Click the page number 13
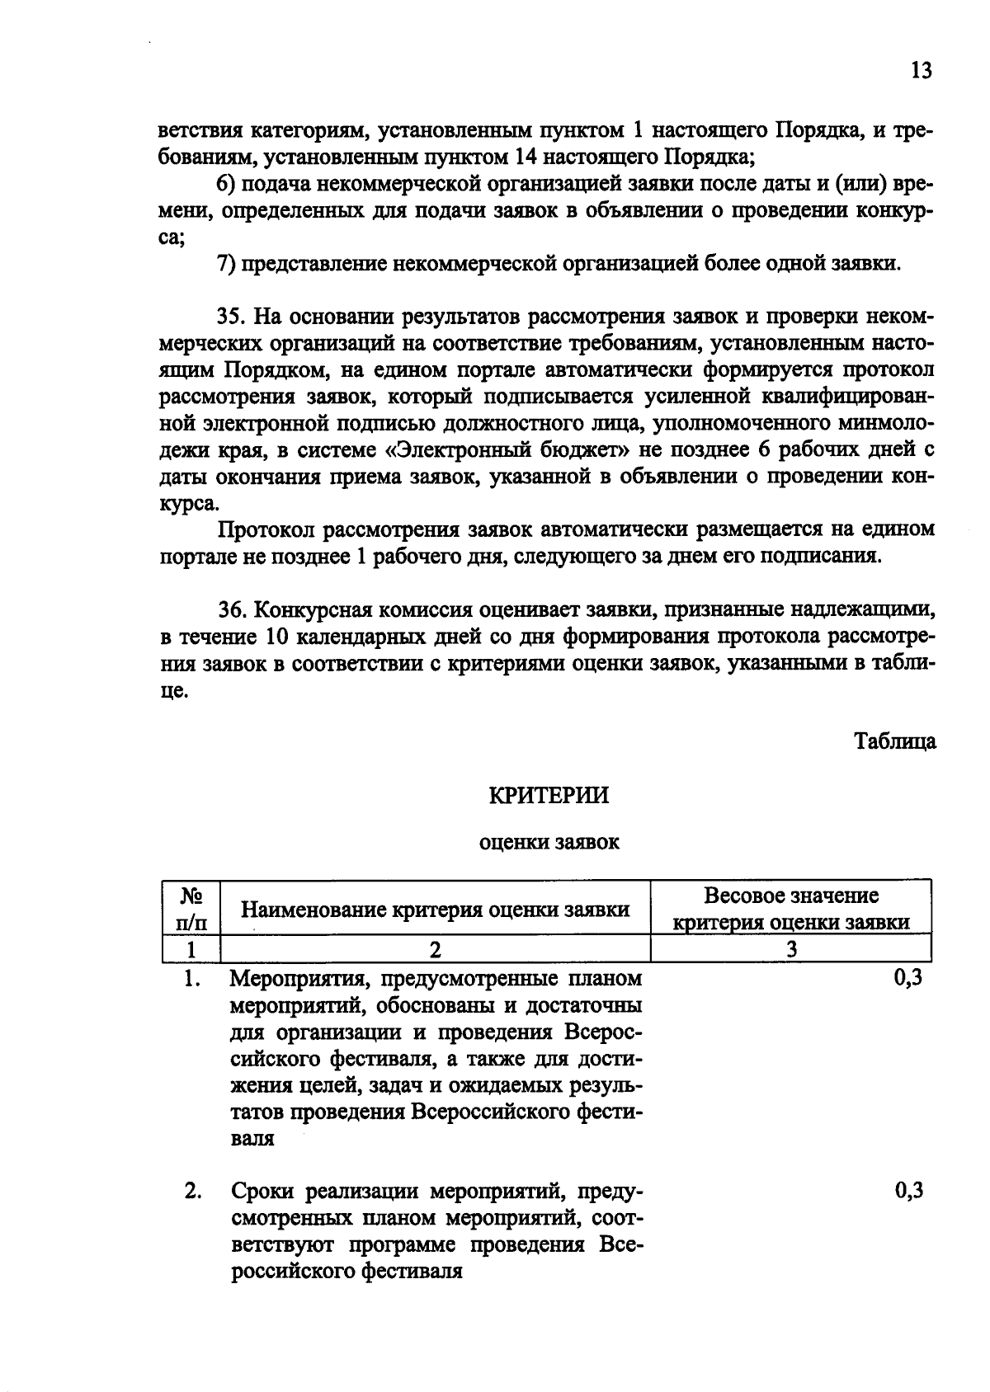tap(921, 71)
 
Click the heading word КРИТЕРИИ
tap(549, 795)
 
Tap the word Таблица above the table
tap(895, 741)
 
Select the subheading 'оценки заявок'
tap(549, 843)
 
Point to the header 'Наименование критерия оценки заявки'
tap(435, 910)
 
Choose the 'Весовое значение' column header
tap(791, 896)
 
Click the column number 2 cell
tap(435, 949)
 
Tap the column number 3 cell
tap(791, 949)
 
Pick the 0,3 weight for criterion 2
tap(907, 1190)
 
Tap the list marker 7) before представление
tap(226, 264)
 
